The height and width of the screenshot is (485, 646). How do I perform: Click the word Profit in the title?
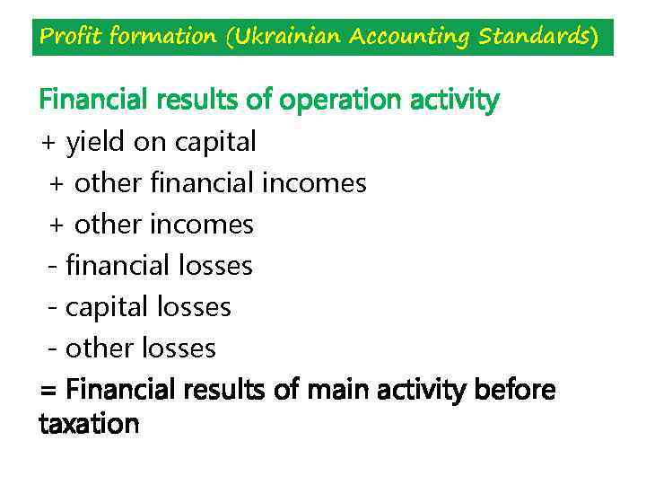click(71, 37)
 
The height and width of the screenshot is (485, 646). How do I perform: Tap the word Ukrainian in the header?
click(291, 37)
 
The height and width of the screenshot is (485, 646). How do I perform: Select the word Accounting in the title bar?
click(411, 38)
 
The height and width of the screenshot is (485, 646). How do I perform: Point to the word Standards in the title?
click(536, 37)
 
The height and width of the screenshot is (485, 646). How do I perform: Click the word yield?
click(96, 142)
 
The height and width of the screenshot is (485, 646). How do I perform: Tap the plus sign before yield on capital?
click(48, 143)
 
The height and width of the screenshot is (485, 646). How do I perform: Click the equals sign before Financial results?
click(48, 392)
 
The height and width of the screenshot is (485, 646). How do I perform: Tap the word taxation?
click(90, 423)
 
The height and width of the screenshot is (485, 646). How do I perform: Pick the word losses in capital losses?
click(194, 307)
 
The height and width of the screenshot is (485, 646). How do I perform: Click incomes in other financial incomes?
click(314, 183)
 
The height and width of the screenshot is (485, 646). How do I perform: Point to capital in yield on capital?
click(215, 143)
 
